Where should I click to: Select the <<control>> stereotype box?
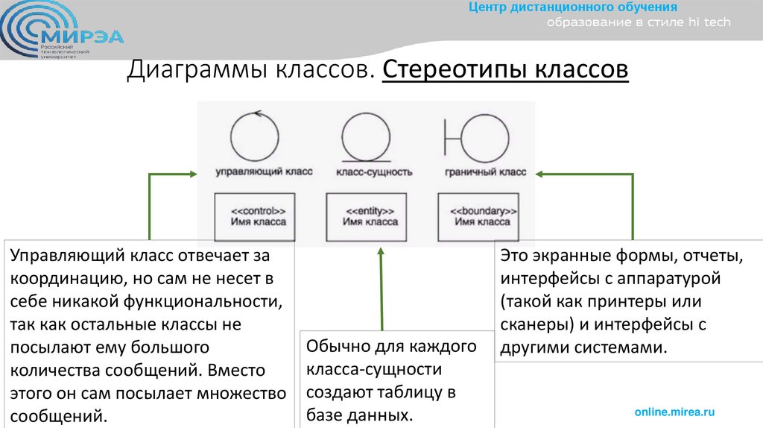tap(253, 216)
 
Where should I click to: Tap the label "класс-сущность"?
tap(374, 172)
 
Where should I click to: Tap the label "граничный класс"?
tap(486, 172)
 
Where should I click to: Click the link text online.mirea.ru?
tap(674, 412)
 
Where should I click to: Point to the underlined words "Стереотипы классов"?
tap(505, 71)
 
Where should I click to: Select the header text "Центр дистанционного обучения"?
tap(572, 7)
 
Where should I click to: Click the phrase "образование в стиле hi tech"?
tap(639, 22)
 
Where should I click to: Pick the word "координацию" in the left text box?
tap(61, 279)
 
